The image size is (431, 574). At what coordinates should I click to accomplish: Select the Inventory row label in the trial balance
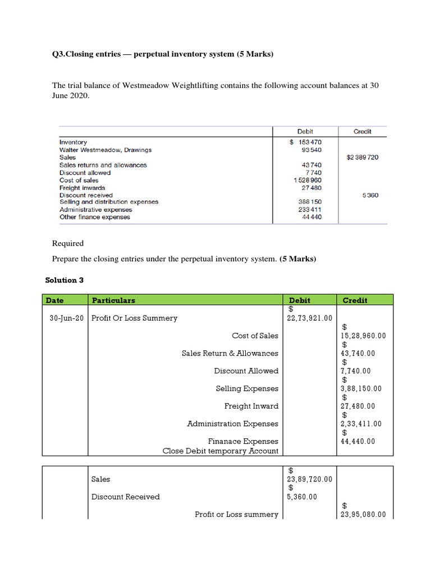(73, 142)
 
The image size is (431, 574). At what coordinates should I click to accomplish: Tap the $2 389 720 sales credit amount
(363, 158)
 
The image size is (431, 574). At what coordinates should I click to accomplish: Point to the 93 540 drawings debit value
(311, 150)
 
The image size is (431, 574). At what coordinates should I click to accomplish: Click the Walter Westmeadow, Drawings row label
(106, 150)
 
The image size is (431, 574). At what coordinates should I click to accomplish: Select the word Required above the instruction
(68, 243)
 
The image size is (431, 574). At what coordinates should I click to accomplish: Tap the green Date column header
(55, 300)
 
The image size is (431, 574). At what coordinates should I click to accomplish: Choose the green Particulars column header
(113, 300)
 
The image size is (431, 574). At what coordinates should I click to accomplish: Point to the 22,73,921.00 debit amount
(310, 318)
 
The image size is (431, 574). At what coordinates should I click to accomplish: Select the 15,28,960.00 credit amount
(363, 336)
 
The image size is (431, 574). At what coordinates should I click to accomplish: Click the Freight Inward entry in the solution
(251, 406)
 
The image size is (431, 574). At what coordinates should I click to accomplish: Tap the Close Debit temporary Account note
(220, 450)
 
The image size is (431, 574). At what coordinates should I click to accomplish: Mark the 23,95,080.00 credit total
(363, 514)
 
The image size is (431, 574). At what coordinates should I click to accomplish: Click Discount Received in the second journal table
(125, 497)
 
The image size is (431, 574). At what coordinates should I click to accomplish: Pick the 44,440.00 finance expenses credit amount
(358, 441)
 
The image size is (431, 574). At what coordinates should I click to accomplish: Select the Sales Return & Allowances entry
(230, 353)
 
